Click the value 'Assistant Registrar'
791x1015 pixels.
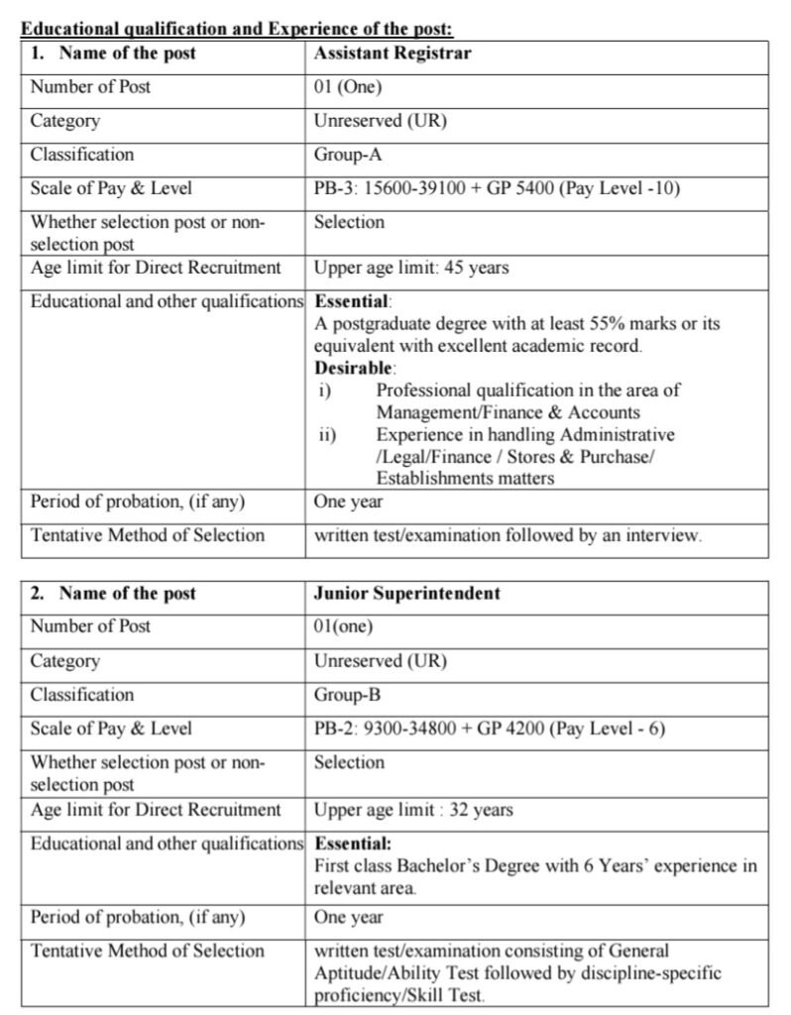(x=393, y=54)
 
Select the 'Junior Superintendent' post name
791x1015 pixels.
(x=407, y=594)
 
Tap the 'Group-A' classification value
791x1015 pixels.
(x=348, y=155)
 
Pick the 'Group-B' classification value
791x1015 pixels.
(x=348, y=695)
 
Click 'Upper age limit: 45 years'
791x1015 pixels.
(x=411, y=269)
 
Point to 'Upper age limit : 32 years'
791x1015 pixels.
(x=413, y=810)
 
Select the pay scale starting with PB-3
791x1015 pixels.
(x=497, y=188)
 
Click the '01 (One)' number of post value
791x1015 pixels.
(x=348, y=87)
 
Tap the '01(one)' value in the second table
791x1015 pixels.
(x=344, y=626)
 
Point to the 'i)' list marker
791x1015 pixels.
(x=323, y=391)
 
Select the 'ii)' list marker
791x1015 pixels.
(x=326, y=435)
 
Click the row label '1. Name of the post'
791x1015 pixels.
(x=113, y=54)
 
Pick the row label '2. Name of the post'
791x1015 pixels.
(x=113, y=594)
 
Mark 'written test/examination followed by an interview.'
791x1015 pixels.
(x=508, y=535)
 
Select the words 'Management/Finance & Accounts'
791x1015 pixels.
(x=508, y=412)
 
